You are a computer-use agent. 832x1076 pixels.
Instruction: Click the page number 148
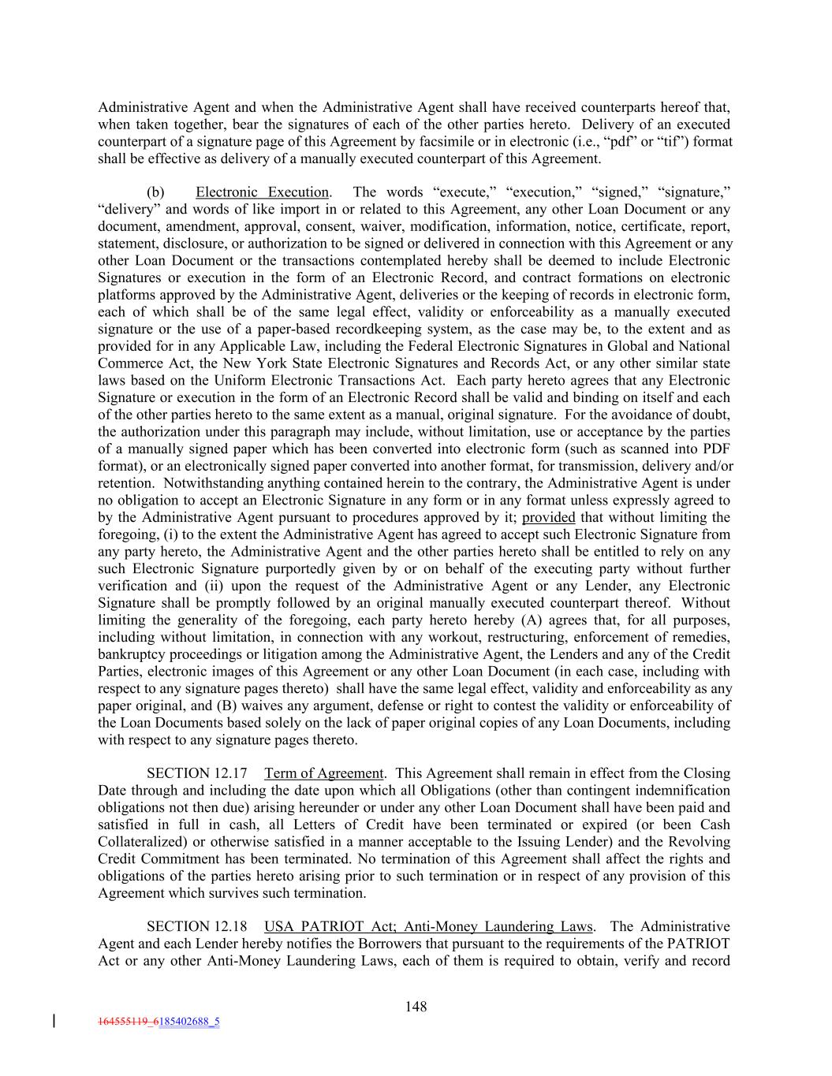tap(416, 1006)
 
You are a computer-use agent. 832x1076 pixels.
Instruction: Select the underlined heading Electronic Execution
tap(262, 192)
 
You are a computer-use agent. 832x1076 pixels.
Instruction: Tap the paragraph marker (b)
tap(155, 192)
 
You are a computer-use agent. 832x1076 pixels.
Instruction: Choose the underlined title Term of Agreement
tap(324, 773)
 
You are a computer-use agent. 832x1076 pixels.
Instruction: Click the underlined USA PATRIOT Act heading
tap(428, 926)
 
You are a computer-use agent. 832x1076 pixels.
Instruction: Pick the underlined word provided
tap(549, 517)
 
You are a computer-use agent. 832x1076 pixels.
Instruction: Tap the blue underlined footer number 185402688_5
tap(189, 1022)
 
